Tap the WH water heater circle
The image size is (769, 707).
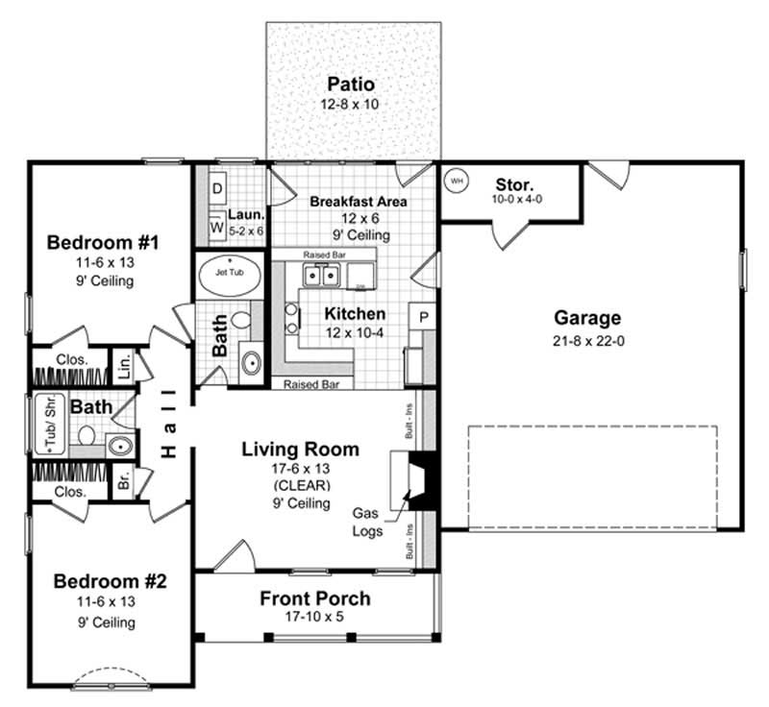[x=457, y=180]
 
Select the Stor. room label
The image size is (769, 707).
[x=515, y=183]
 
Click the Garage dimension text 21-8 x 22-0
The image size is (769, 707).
[x=587, y=340]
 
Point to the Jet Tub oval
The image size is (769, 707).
[x=229, y=277]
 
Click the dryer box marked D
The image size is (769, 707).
[x=217, y=188]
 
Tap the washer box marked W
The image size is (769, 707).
[x=216, y=228]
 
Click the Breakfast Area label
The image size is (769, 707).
[x=358, y=202]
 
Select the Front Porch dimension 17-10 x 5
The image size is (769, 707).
[x=314, y=617]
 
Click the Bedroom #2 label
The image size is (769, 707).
[x=110, y=581]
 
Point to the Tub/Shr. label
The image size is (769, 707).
[x=44, y=424]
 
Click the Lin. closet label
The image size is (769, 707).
[x=124, y=363]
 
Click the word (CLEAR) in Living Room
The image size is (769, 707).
[x=299, y=485]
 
